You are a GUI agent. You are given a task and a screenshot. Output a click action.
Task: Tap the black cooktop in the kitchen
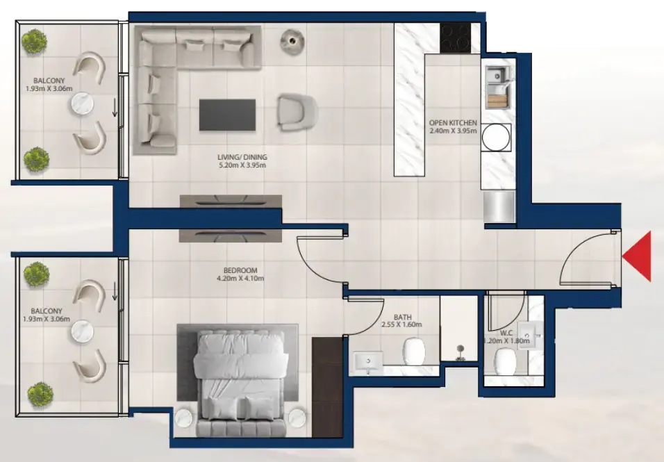tap(455, 38)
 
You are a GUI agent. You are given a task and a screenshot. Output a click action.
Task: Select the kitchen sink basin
tap(497, 75)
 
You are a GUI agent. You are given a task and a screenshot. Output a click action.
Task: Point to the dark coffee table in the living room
tap(227, 115)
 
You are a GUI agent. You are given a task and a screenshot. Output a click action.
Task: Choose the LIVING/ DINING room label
tap(242, 158)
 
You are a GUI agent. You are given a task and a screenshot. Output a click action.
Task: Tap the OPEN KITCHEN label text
tap(453, 123)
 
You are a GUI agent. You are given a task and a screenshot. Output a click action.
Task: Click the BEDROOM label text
tap(241, 270)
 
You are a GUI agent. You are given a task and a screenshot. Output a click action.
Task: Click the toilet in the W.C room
tap(505, 361)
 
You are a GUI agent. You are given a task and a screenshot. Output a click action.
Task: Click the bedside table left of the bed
tap(185, 418)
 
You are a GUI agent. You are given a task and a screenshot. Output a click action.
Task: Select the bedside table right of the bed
tap(297, 418)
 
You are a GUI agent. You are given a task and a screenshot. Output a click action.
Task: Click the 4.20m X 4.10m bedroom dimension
tap(241, 279)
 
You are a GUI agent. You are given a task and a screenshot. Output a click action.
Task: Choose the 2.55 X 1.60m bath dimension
tap(401, 324)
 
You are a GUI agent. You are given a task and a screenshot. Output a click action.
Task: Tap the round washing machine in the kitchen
tap(496, 136)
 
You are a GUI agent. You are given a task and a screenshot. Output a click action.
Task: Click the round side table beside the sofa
tap(293, 41)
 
